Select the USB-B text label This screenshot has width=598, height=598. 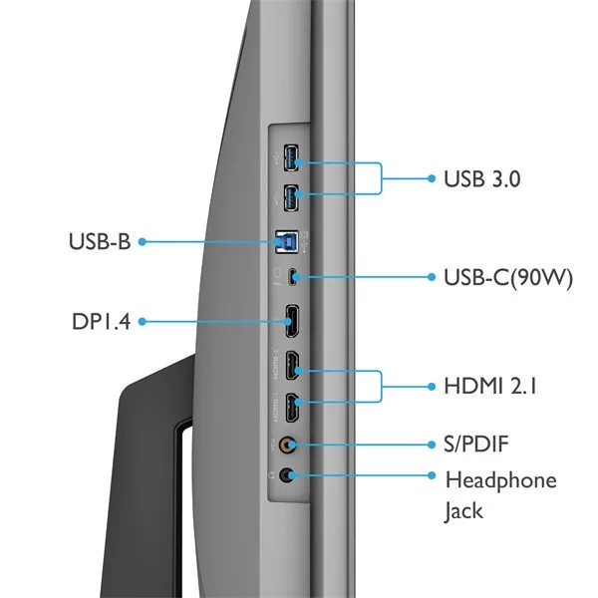(x=100, y=240)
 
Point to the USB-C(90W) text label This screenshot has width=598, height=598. (x=507, y=277)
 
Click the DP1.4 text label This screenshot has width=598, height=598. (x=102, y=322)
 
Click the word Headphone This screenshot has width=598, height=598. (x=500, y=480)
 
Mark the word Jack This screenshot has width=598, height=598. (x=463, y=511)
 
